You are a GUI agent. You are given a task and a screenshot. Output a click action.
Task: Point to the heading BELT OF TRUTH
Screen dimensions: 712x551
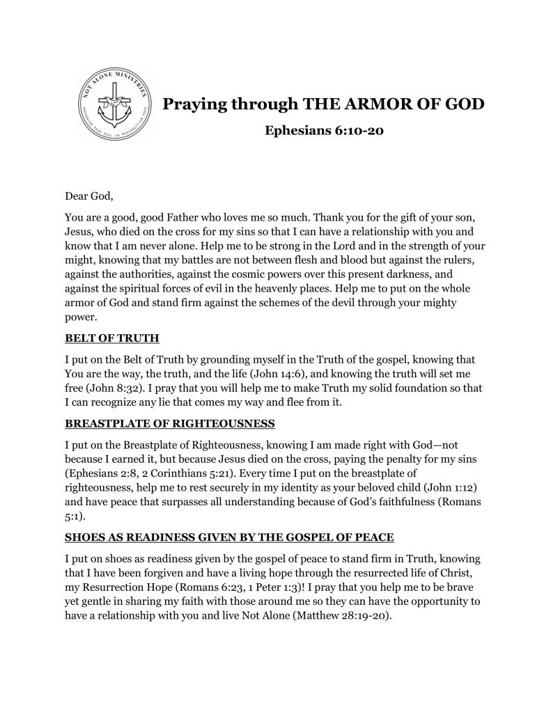click(x=112, y=339)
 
